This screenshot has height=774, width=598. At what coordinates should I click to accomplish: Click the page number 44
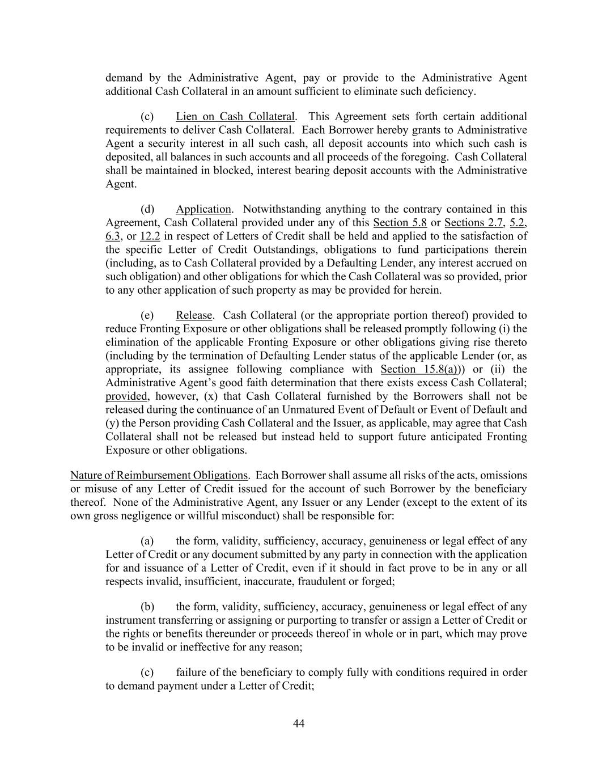[299, 724]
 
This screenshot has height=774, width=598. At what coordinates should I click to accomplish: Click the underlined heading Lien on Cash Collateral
[235, 116]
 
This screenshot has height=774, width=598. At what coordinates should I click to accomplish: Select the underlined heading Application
[203, 209]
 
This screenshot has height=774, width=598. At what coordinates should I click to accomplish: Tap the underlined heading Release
[194, 315]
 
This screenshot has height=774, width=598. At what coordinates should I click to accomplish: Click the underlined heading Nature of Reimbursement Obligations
[159, 475]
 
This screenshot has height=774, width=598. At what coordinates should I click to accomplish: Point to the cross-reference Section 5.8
[400, 223]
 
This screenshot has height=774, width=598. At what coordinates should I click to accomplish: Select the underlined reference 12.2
[150, 236]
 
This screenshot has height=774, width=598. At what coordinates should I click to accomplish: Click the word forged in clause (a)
[379, 582]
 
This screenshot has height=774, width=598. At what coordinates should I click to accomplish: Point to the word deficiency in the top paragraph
[451, 91]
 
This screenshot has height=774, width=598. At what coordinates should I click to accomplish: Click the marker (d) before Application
[147, 209]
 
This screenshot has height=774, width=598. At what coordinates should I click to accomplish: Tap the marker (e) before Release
[147, 315]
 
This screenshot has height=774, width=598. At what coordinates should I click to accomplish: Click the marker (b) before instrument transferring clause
[147, 607]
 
